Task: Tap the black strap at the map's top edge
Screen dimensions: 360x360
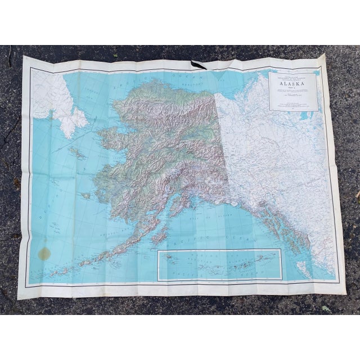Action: [200, 64]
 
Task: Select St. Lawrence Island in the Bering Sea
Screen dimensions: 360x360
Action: [76, 152]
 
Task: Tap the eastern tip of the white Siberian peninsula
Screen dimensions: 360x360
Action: [86, 120]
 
